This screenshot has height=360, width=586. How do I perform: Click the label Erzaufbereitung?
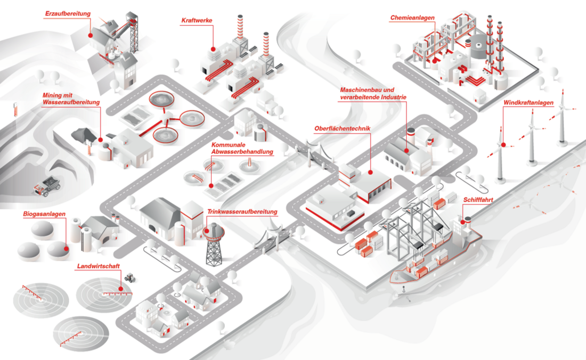coord(68,13)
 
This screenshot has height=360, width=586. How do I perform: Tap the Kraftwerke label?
coord(197,21)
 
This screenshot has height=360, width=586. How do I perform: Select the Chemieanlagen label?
coord(412,18)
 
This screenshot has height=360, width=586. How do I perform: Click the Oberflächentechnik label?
coord(343,128)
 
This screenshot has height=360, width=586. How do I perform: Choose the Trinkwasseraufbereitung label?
coord(242,212)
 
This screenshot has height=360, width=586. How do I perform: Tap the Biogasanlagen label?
coord(44,214)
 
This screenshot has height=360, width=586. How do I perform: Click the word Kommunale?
coord(228,145)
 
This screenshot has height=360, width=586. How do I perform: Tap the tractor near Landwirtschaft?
coord(129,277)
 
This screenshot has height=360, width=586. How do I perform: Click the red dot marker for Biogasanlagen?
coord(67,248)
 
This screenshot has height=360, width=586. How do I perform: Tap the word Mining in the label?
coord(53,95)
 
